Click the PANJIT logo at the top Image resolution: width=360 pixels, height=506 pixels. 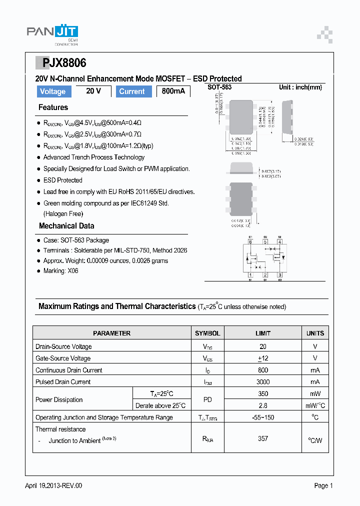tap(52, 33)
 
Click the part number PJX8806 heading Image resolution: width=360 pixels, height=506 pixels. tap(61, 63)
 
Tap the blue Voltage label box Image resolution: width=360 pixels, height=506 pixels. tap(52, 91)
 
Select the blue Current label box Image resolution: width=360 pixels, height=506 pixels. tap(132, 91)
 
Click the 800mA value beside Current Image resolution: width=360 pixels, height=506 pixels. tap(173, 91)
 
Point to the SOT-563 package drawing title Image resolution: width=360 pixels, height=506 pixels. tap(219, 87)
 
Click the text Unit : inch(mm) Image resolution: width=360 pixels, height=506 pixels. tap(300, 87)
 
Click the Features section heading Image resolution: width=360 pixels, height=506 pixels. tap(53, 107)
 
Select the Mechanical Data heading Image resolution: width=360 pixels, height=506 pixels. tap(66, 226)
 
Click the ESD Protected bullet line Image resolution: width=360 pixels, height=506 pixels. tap(62, 180)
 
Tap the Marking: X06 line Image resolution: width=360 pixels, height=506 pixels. tap(60, 271)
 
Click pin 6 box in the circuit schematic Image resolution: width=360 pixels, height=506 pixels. tap(250, 242)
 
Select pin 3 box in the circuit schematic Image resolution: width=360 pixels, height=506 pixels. tap(279, 274)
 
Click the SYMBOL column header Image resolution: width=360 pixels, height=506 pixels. tap(207, 333)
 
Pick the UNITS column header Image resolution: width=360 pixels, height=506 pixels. tap(315, 333)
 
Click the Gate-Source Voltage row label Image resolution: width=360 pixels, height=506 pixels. tap(63, 358)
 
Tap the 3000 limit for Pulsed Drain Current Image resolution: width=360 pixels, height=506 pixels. tap(263, 382)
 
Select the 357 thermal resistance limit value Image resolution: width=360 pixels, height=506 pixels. tap(263, 438)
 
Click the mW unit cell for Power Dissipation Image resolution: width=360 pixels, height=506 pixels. tap(315, 393)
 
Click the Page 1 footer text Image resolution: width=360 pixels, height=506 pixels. tap(323, 485)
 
